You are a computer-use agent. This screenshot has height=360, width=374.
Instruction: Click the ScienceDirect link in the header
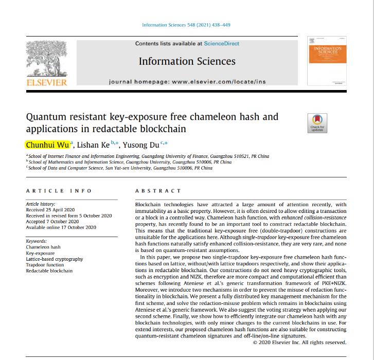221,44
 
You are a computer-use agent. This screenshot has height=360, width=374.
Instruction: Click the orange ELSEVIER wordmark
47,82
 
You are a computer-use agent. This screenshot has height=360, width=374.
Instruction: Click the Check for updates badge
317,122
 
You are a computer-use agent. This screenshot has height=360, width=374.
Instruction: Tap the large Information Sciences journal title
187,62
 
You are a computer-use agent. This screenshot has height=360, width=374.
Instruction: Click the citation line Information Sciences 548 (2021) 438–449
186,25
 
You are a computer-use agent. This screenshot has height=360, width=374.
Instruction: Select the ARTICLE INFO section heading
59,191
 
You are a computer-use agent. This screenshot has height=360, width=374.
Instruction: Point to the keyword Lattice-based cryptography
55,259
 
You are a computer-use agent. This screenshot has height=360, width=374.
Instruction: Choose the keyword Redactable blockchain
49,271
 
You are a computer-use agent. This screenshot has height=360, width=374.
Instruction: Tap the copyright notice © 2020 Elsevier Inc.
300,342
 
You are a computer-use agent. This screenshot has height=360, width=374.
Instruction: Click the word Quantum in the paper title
45,117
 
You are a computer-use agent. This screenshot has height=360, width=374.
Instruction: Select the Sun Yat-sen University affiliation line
120,168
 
